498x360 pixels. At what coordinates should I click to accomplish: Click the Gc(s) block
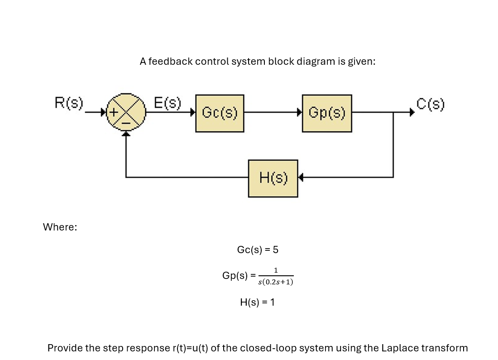pos(220,113)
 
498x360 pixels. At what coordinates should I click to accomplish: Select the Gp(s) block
pos(326,113)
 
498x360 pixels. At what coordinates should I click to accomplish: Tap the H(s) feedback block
pos(273,178)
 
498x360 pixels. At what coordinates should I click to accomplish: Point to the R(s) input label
pos(69,104)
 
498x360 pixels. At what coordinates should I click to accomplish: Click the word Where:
pos(60,227)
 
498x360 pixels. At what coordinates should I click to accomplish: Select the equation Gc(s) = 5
pos(260,250)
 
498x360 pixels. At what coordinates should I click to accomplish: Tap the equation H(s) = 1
pos(257,302)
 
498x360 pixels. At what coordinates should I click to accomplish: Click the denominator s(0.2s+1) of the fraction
pos(275,282)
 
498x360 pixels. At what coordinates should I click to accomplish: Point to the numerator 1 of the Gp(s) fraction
pos(275,271)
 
